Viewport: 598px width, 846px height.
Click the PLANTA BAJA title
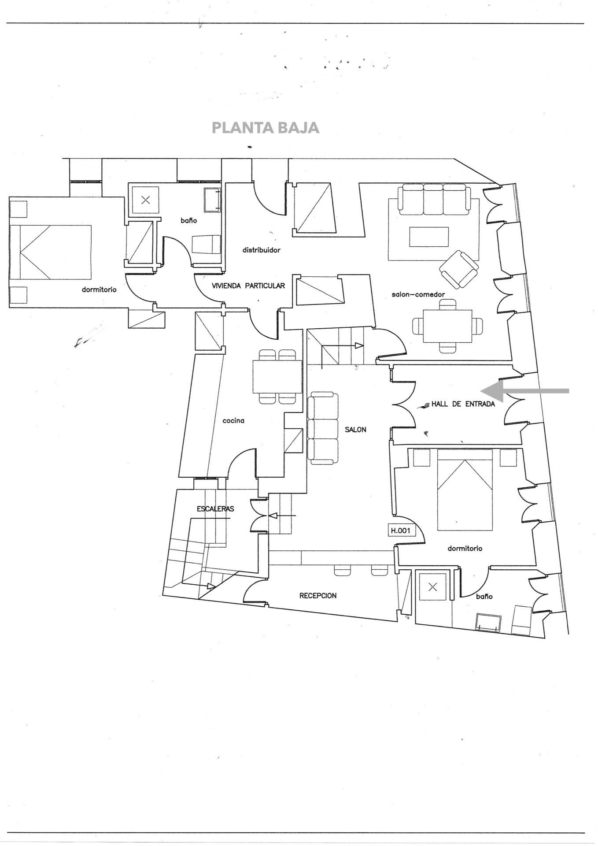point(266,128)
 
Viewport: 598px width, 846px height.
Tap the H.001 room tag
point(400,531)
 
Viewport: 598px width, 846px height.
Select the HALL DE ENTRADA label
point(463,404)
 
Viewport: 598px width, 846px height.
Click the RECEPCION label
point(318,596)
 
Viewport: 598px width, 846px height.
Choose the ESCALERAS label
point(215,508)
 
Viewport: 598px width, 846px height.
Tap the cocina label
point(233,420)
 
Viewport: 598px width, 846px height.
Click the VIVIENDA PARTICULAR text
point(248,286)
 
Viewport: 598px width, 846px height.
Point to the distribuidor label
point(261,250)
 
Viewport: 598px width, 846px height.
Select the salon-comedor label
point(418,294)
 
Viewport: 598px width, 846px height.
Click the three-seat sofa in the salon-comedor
point(434,199)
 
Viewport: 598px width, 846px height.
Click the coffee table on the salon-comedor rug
point(429,237)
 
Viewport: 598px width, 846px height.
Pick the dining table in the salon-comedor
point(447,326)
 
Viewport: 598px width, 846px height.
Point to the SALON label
point(355,430)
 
